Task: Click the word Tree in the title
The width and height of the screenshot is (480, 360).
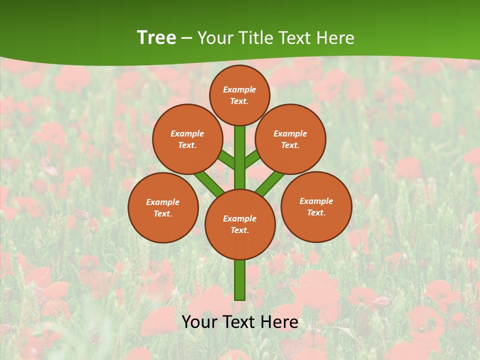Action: (x=156, y=38)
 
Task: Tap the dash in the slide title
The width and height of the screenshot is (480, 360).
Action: (x=186, y=38)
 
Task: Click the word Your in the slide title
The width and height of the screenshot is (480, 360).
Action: (x=214, y=38)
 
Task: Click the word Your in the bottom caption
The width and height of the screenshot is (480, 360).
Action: (x=199, y=322)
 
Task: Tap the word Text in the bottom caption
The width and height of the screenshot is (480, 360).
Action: (x=239, y=322)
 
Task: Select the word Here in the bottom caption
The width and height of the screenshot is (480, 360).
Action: (x=280, y=322)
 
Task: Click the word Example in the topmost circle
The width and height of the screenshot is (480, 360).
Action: (x=239, y=89)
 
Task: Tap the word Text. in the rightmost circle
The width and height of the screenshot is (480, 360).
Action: (x=316, y=212)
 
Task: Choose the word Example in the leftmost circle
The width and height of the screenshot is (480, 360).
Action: (x=162, y=202)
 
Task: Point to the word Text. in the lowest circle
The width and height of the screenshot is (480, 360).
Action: (x=239, y=230)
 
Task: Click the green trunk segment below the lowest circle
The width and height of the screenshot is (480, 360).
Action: (x=240, y=280)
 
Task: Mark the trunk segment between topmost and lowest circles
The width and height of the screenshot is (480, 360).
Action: (x=240, y=157)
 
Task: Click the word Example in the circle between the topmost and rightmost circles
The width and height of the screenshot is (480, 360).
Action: (x=290, y=133)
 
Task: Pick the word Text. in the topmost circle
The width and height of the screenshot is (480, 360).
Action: (x=239, y=101)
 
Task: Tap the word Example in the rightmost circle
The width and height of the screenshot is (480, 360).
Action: (x=316, y=201)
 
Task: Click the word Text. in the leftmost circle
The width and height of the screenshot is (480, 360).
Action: (x=162, y=213)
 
